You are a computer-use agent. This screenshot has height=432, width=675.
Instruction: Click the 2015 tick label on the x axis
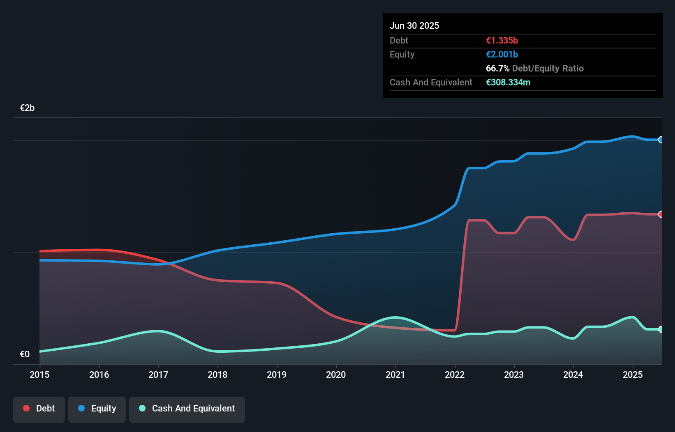point(39,375)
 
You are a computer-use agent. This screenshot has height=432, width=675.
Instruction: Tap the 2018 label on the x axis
point(217,375)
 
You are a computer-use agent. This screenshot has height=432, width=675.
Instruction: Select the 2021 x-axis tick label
point(395,375)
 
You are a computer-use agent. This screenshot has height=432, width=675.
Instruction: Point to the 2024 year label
point(573,375)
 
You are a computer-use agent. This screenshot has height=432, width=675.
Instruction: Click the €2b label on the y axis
point(27,108)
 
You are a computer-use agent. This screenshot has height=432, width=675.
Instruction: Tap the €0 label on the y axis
point(25,354)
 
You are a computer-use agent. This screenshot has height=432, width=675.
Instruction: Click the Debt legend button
point(39,409)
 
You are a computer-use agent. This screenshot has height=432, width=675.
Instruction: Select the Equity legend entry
point(97,409)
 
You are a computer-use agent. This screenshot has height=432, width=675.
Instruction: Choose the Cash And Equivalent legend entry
point(187,409)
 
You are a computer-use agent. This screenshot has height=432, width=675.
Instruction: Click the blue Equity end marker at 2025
point(661,140)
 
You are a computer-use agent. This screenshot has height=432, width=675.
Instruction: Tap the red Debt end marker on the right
point(661,214)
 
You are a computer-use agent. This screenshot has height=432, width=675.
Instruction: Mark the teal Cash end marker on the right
point(661,329)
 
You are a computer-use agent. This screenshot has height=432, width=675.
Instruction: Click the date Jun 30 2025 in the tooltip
point(414,25)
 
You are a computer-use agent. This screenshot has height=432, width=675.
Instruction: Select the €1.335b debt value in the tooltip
point(502,40)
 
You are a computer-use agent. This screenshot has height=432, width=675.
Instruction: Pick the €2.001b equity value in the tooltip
point(502,54)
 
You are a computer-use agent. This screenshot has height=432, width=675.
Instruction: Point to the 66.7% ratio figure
point(497,68)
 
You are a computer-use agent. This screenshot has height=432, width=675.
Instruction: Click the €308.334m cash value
point(508,82)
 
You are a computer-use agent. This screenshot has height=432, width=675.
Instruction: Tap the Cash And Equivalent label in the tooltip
point(431,82)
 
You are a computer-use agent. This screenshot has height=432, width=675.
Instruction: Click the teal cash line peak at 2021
point(395,317)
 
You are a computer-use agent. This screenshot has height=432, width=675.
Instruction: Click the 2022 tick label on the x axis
point(455,375)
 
